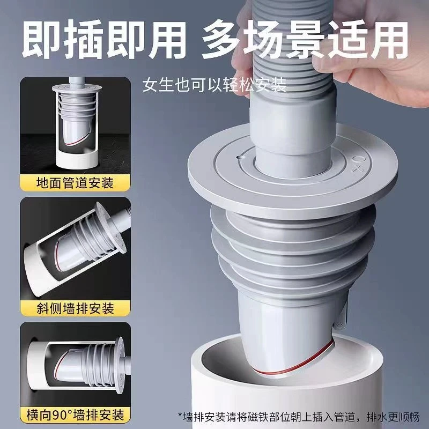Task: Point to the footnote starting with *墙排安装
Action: coord(300,415)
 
